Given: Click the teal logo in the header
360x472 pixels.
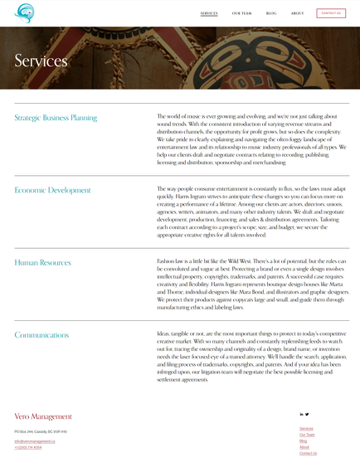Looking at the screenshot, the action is click(x=25, y=13).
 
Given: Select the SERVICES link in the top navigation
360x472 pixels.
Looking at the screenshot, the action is click(x=209, y=13).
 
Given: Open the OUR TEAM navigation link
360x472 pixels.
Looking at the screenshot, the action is click(x=241, y=13).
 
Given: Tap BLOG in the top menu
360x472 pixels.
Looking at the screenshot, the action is click(x=271, y=13).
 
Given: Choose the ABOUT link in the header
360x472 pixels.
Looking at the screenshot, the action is click(x=297, y=13).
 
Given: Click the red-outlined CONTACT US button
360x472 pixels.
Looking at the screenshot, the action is click(x=331, y=13).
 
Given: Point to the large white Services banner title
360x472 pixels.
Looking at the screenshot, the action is click(x=41, y=61).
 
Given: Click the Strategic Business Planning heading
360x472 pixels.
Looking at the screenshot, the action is click(x=56, y=118).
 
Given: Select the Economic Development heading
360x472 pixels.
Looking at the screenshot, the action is click(x=52, y=190).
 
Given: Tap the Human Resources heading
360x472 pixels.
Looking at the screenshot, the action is click(x=42, y=262).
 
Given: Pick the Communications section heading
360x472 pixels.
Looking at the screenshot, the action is click(x=41, y=335).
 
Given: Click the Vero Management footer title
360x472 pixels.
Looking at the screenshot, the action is click(x=43, y=416).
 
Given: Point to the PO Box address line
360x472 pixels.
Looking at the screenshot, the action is click(x=41, y=432).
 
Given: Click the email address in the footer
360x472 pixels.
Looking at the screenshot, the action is click(x=35, y=441).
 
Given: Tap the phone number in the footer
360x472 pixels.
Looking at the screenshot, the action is click(x=27, y=447).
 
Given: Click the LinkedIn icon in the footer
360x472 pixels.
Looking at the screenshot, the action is click(x=301, y=414).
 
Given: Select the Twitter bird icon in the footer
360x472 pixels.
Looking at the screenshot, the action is click(x=307, y=414).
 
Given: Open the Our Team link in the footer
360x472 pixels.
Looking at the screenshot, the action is click(x=307, y=435).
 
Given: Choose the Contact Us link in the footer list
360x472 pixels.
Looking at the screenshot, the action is click(x=308, y=454).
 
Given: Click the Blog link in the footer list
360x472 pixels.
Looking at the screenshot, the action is click(x=303, y=441).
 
